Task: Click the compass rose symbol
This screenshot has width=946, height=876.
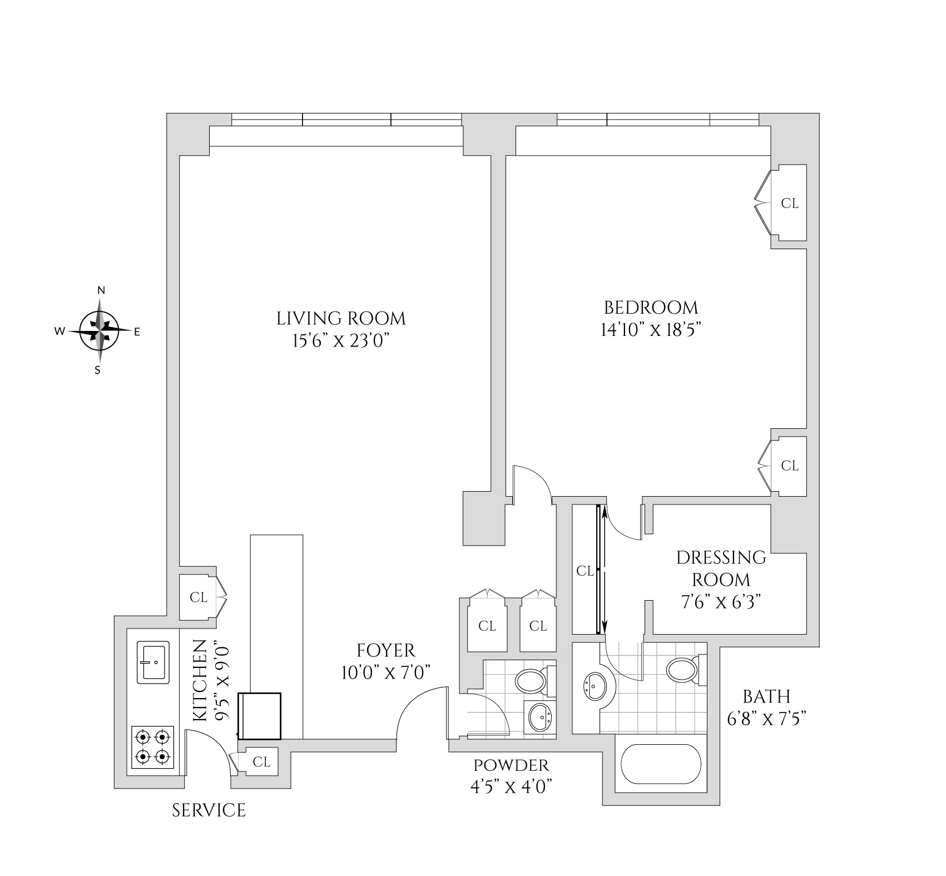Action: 99,331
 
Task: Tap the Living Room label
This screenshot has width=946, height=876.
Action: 341,319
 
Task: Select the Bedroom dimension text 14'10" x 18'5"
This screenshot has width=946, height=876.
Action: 650,330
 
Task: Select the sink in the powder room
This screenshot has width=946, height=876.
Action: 539,717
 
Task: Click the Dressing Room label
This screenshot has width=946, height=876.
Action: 721,568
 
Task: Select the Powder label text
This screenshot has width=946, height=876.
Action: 511,765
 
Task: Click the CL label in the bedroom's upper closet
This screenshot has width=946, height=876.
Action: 790,204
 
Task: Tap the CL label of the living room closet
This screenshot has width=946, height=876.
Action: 199,597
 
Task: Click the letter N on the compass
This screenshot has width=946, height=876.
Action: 101,290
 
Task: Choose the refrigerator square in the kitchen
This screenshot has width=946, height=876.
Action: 260,715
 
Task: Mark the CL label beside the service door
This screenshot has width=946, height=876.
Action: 262,761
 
